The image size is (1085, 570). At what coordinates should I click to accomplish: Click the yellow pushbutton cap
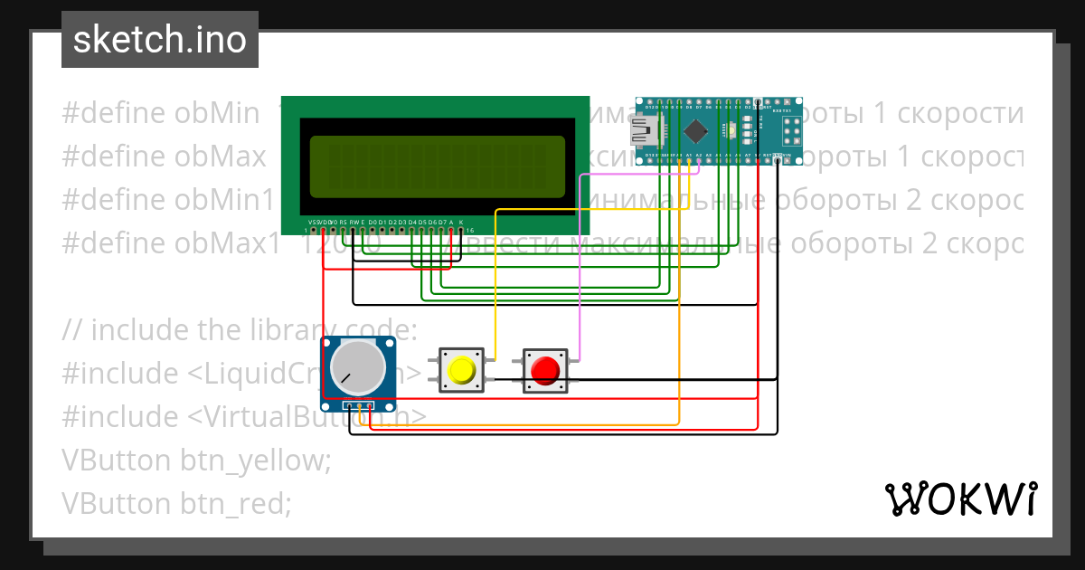click(x=461, y=370)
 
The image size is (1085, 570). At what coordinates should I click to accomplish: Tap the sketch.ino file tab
click(x=160, y=40)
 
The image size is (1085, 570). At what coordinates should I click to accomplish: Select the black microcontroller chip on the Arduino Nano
click(x=695, y=132)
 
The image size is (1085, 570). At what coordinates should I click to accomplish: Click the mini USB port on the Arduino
click(x=646, y=132)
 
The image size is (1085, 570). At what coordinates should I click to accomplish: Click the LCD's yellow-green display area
click(x=437, y=166)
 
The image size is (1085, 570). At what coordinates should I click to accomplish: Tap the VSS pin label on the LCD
click(x=313, y=222)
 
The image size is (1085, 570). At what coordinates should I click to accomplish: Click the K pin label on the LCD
click(x=461, y=222)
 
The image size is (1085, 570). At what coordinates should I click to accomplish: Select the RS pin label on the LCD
click(x=343, y=222)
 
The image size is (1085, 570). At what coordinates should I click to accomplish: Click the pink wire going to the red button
click(x=580, y=271)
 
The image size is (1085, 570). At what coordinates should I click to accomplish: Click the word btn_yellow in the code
click(x=256, y=460)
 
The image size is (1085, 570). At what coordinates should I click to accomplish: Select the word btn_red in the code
click(x=236, y=503)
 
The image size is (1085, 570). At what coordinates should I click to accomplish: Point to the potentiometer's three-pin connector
click(x=361, y=405)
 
